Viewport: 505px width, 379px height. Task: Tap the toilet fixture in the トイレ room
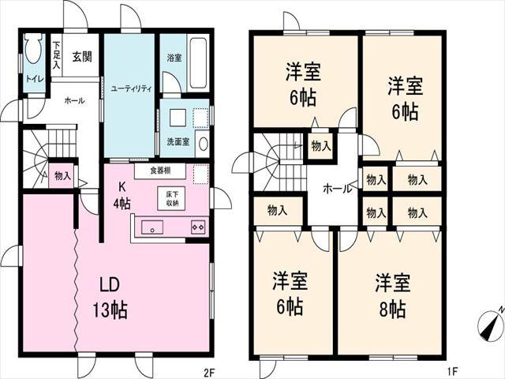click(x=34, y=52)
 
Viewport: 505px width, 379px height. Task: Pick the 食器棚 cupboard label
click(x=160, y=171)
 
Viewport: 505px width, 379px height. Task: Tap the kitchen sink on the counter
click(x=151, y=228)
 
